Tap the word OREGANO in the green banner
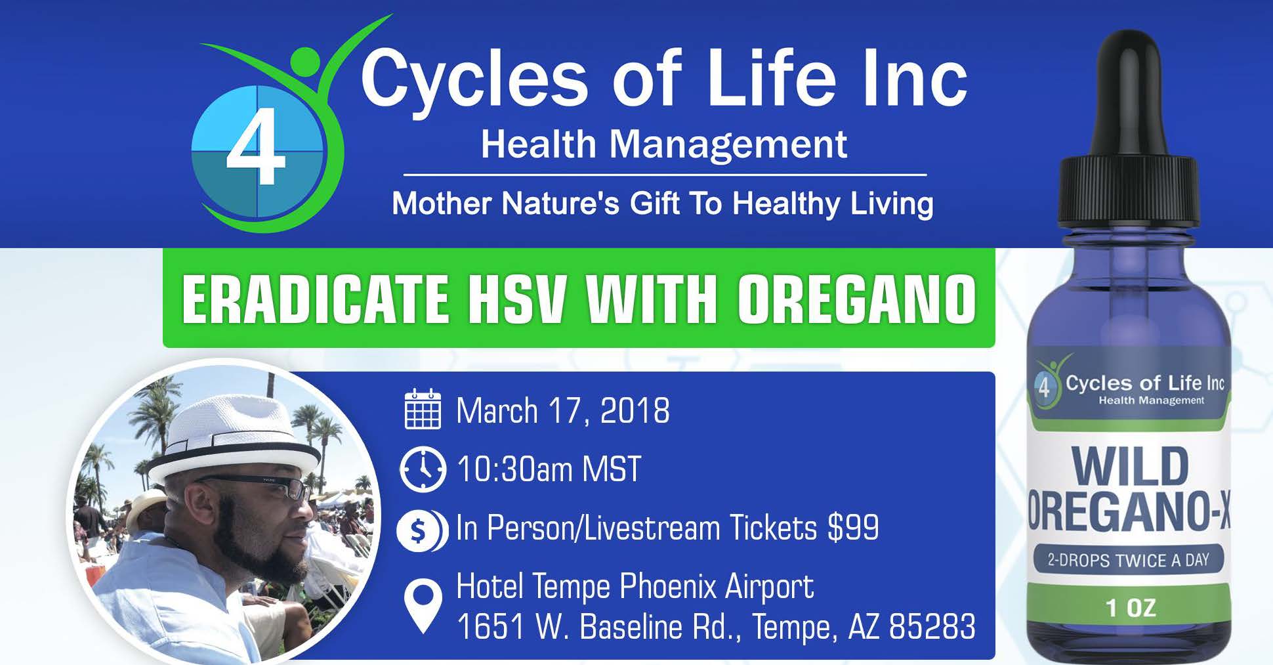coord(856,299)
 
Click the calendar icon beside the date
coord(423,410)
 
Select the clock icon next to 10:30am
coord(422,469)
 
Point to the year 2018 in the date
coord(635,411)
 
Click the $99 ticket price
coord(853,528)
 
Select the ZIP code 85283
coord(932,626)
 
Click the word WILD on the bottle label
coord(1130,467)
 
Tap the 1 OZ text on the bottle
coord(1130,608)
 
